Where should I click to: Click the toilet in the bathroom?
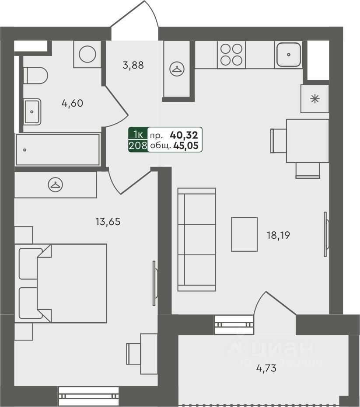point(35,76)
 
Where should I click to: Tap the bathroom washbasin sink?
point(32,111)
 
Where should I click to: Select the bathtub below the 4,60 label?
point(57,150)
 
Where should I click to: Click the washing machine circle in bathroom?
point(88,54)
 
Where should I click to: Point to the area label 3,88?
point(133,66)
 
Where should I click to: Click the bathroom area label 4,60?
point(72,104)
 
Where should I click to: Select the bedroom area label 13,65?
point(108,222)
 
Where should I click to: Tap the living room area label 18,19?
point(278,235)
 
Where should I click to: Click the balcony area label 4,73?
point(266,369)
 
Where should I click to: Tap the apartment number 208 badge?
point(137,146)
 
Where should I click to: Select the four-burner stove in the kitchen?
point(231,55)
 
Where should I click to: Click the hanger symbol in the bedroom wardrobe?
point(55,184)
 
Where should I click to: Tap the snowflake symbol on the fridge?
point(315,99)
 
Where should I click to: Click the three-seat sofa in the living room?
point(197,239)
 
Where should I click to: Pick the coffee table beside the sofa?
point(244,234)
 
